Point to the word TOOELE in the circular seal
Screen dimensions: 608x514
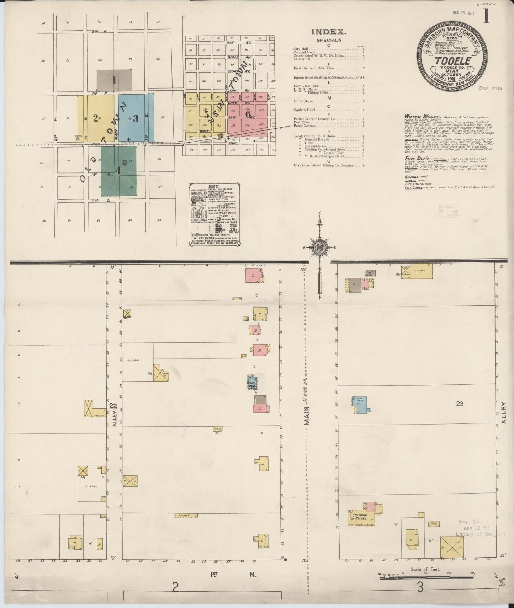point(452,61)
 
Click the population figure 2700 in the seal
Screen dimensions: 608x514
point(452,39)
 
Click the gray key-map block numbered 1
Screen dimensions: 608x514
point(114,80)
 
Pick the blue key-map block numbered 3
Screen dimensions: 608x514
point(136,119)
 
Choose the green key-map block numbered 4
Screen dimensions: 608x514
point(118,171)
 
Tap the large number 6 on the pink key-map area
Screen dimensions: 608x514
point(248,114)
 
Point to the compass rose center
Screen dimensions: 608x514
point(319,247)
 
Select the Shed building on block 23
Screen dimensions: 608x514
point(434,524)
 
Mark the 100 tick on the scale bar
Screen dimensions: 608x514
point(449,574)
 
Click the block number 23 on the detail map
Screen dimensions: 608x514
point(460,404)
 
